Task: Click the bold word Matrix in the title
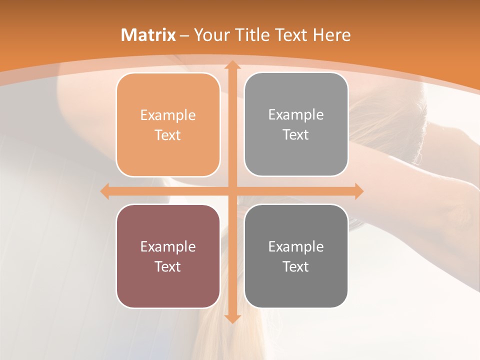point(148,35)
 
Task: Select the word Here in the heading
point(331,35)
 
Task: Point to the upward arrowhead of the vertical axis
point(231,65)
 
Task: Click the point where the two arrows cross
point(231,191)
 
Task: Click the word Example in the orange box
point(168,115)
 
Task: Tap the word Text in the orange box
point(168,135)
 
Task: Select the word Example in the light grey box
point(296,115)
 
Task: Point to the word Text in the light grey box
point(296,134)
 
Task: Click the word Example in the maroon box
point(168,247)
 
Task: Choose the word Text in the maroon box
point(168,266)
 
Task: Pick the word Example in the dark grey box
point(296,247)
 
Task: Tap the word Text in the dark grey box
point(296,266)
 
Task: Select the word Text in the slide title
point(292,35)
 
